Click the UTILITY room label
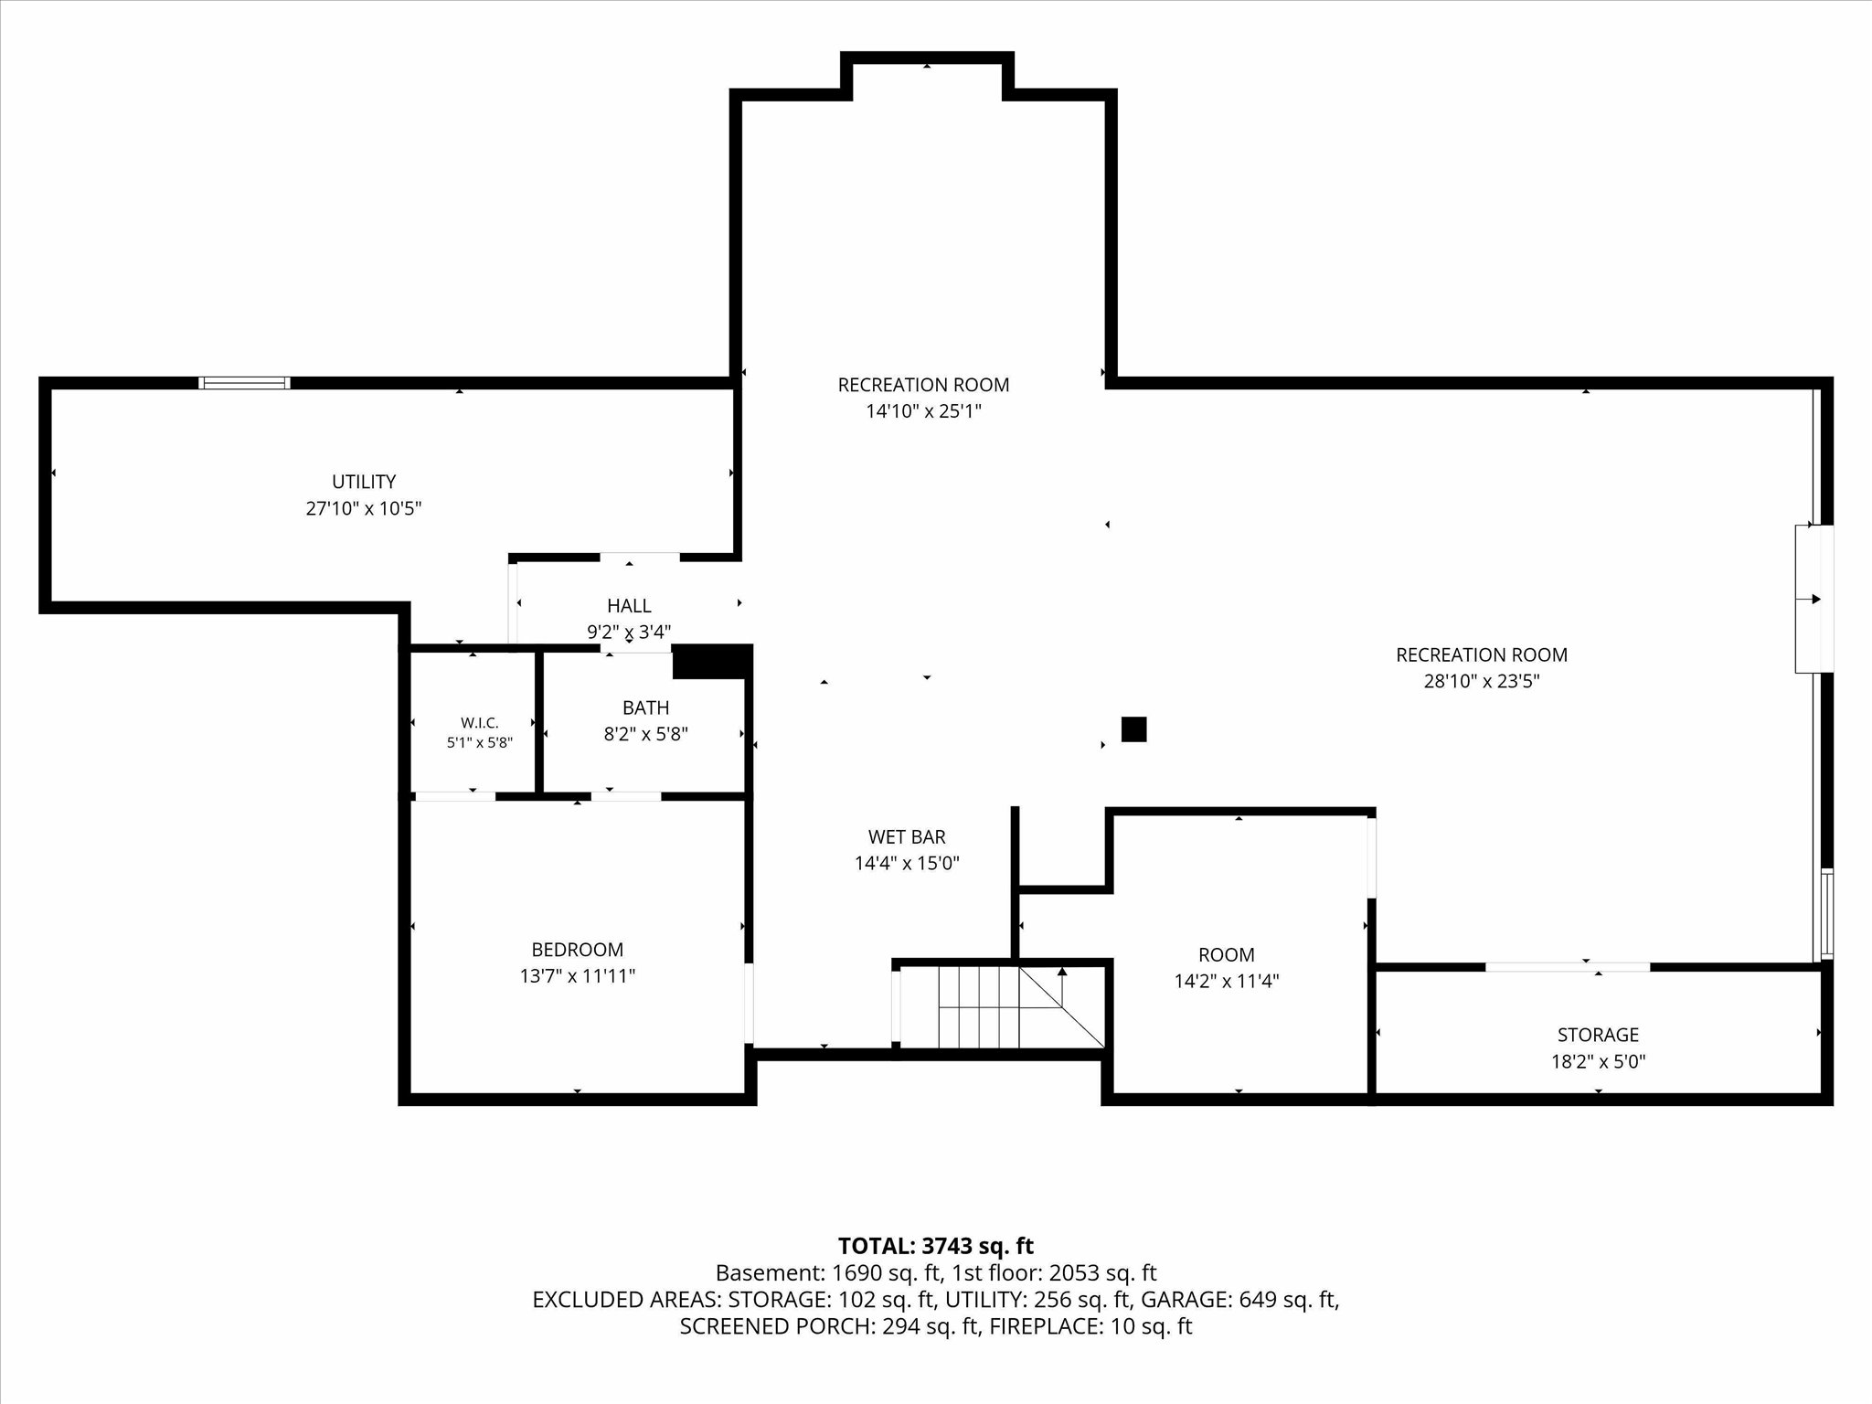coord(364,482)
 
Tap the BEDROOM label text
coord(578,950)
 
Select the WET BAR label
coord(907,836)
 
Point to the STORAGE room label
coord(1598,1035)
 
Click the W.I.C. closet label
coord(480,723)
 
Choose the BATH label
coord(646,707)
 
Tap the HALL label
coord(629,605)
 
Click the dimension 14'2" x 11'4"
coord(1227,982)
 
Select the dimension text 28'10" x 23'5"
coord(1482,681)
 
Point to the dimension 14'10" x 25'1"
coord(923,411)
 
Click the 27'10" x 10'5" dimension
coord(364,508)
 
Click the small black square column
coord(1133,729)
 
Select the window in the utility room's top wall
coord(245,383)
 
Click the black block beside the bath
coord(711,662)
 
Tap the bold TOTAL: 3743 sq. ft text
coord(936,1246)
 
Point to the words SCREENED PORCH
coord(776,1326)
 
